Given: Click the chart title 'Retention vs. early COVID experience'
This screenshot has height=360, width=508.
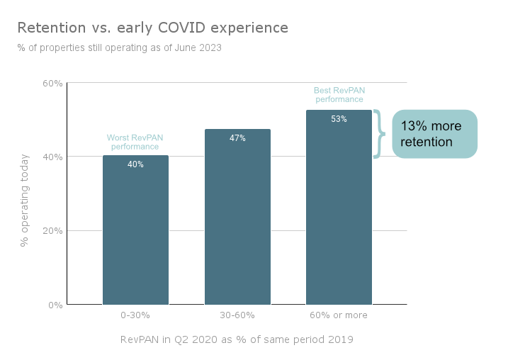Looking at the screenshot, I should pyautogui.click(x=152, y=28).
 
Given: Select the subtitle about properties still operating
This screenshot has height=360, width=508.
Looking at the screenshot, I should pyautogui.click(x=119, y=48).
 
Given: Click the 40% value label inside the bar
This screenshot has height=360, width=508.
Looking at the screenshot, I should pyautogui.click(x=135, y=164).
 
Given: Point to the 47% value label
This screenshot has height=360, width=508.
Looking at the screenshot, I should pyautogui.click(x=237, y=138).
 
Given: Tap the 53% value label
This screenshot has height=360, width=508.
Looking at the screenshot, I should pyautogui.click(x=339, y=119).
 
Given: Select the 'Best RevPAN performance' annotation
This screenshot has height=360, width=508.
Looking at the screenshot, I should pyautogui.click(x=339, y=95).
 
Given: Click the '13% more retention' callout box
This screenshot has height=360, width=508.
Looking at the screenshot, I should pyautogui.click(x=435, y=134).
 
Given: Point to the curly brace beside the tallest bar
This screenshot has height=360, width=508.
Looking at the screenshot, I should pyautogui.click(x=380, y=134).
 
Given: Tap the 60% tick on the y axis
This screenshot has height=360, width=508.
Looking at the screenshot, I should pyautogui.click(x=53, y=83).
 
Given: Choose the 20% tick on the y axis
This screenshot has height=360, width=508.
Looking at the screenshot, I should pyautogui.click(x=53, y=231).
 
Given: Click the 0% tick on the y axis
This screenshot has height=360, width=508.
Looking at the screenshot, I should pyautogui.click(x=55, y=305).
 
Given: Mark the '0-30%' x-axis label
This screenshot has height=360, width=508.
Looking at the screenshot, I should pyautogui.click(x=135, y=315).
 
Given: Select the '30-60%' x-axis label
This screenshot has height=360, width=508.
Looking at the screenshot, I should pyautogui.click(x=237, y=315).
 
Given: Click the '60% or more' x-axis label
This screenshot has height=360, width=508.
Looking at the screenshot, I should pyautogui.click(x=339, y=315).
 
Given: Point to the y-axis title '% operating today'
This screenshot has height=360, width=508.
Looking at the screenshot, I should pyautogui.click(x=25, y=199).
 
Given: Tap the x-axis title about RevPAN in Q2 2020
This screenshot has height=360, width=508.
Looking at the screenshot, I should pyautogui.click(x=237, y=339).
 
